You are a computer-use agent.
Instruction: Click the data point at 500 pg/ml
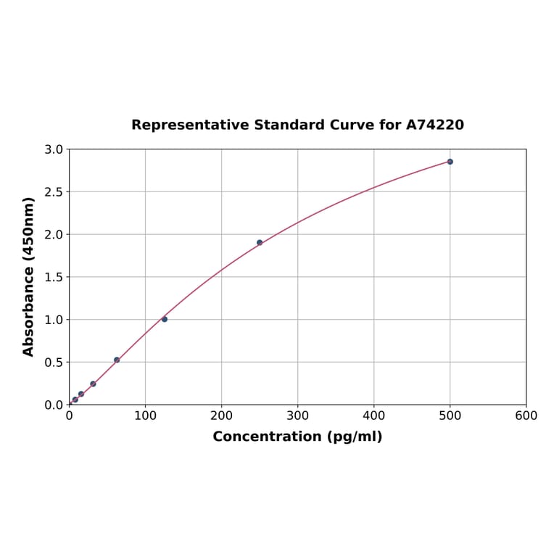point(450,162)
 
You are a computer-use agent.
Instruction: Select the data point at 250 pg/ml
point(260,242)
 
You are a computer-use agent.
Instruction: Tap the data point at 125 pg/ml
point(165,319)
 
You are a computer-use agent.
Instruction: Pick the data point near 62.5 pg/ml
point(117,360)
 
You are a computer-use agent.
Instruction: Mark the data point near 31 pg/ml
point(93,384)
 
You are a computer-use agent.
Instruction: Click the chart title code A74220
point(434,125)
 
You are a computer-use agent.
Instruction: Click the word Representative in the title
point(190,125)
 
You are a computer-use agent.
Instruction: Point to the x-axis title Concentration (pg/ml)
point(297,437)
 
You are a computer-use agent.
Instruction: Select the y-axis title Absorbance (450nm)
point(29,276)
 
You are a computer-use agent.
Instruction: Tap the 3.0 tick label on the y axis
point(54,149)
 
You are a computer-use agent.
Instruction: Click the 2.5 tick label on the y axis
point(54,192)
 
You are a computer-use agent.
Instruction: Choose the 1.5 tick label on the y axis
point(54,277)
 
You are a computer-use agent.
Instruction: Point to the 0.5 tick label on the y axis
point(54,362)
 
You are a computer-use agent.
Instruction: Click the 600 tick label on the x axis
point(526,415)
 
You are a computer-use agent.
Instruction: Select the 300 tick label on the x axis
point(297,415)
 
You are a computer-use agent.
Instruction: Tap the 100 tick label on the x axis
point(145,415)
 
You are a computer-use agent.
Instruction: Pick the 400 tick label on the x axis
point(373,415)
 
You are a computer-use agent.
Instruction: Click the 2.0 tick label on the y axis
point(54,234)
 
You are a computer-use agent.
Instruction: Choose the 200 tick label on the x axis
point(221,415)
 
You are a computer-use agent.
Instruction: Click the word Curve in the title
point(351,125)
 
